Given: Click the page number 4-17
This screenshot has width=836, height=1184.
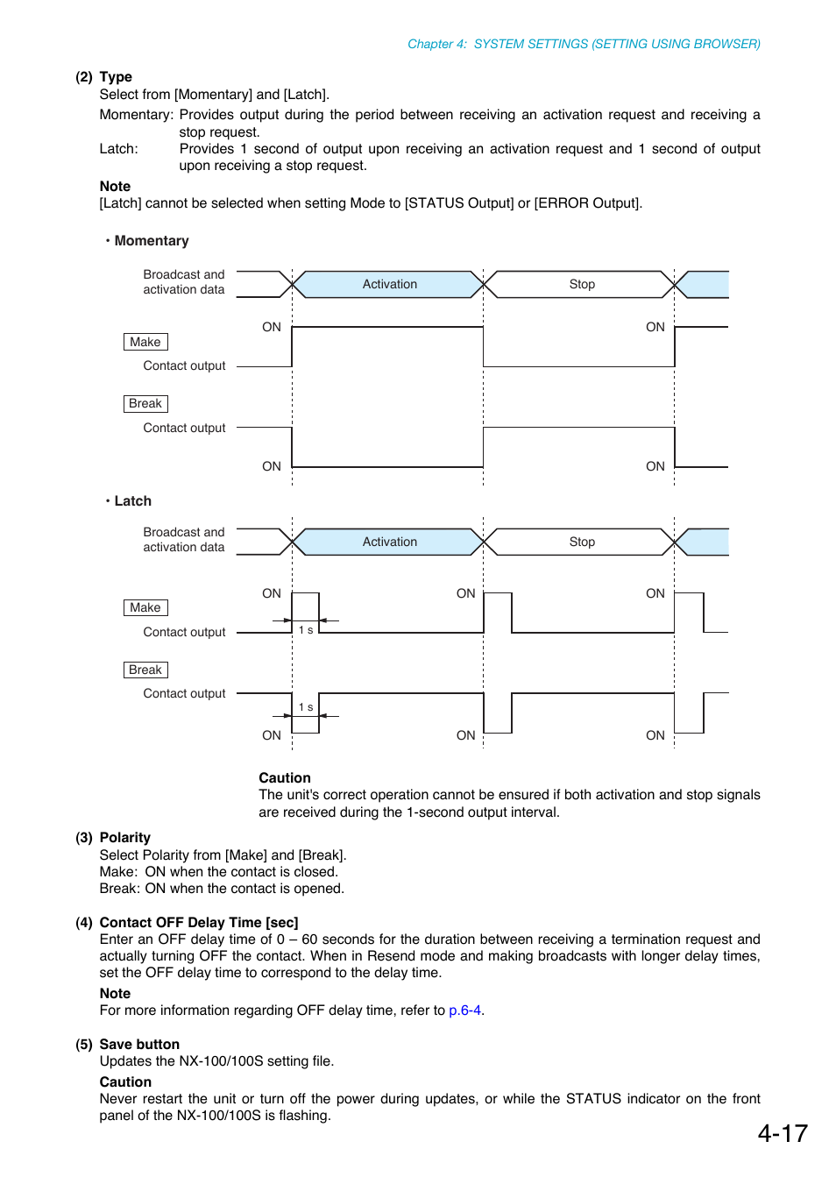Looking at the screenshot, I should click(782, 1133).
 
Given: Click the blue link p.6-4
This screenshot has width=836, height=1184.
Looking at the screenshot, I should click(464, 1010).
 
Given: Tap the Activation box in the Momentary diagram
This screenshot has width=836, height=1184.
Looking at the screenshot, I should click(389, 285).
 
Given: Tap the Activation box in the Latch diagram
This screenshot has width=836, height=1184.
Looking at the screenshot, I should click(389, 542).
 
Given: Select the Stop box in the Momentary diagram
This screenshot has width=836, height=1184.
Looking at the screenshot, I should click(581, 285).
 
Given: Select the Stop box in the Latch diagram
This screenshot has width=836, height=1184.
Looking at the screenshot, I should click(581, 542).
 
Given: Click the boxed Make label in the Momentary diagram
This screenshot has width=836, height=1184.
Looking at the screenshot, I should click(145, 342).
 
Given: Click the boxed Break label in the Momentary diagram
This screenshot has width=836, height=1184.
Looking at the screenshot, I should click(145, 404).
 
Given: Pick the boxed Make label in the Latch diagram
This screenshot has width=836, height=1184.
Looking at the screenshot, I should click(145, 608).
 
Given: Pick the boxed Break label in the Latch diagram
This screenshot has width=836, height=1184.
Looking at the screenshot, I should click(145, 670).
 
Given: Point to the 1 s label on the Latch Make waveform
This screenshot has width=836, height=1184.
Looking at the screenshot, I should click(306, 630).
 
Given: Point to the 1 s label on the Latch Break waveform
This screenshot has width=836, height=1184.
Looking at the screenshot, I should click(306, 707).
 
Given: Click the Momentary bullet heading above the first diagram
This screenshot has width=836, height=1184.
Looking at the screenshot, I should click(151, 241).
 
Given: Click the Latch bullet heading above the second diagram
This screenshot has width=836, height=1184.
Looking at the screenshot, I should click(132, 501).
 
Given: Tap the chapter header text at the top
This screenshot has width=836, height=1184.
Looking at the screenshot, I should click(584, 44).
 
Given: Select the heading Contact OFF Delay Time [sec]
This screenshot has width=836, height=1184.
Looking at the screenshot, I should click(199, 923).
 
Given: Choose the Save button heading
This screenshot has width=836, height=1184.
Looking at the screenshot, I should click(139, 1045).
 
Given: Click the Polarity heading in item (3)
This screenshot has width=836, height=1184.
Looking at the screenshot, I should click(124, 838).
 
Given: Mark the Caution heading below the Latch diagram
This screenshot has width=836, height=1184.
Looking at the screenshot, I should click(284, 778).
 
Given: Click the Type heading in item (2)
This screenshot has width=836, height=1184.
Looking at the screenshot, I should click(116, 77).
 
